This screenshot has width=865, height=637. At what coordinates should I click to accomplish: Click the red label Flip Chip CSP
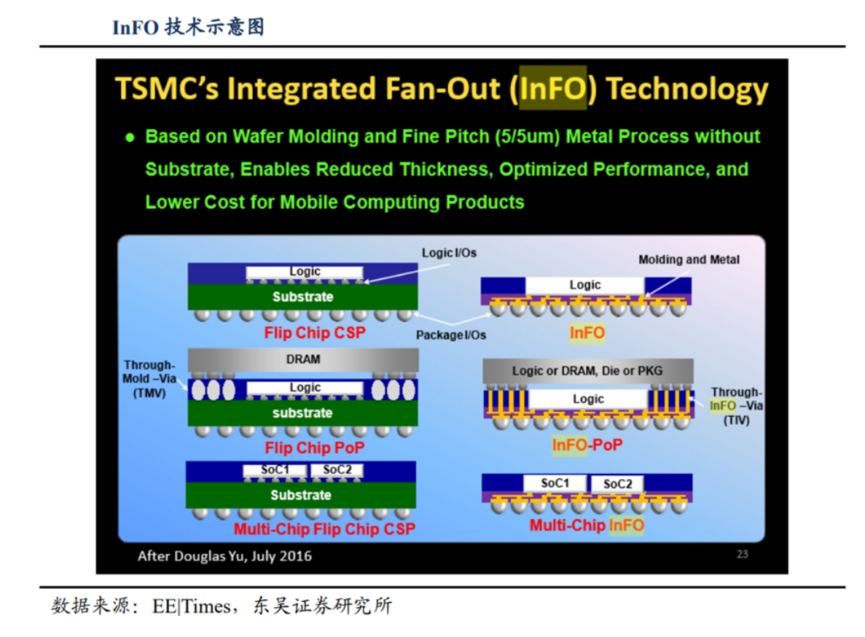(314, 332)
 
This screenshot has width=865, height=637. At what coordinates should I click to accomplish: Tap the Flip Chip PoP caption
(314, 448)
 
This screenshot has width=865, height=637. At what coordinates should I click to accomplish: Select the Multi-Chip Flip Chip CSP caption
(324, 529)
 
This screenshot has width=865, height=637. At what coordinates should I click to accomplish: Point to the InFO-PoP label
(587, 445)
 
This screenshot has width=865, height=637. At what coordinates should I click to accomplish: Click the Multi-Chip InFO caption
(587, 525)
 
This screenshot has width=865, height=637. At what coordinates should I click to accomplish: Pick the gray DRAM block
(303, 359)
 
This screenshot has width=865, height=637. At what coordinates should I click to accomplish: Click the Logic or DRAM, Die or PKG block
(587, 371)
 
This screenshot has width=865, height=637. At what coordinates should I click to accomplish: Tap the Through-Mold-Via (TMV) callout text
(149, 379)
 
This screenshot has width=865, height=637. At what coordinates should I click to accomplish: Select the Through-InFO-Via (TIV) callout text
(737, 406)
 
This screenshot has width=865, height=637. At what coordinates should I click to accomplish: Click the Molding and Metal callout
(689, 259)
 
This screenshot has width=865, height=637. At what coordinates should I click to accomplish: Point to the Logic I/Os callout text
(449, 253)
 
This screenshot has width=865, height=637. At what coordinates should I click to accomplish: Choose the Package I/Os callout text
(450, 335)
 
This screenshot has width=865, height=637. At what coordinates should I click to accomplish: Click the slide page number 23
(742, 554)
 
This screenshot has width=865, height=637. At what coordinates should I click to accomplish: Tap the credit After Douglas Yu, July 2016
(224, 556)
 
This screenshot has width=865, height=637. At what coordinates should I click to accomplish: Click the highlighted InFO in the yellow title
(553, 88)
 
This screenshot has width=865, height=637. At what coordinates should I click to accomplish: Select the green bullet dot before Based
(130, 137)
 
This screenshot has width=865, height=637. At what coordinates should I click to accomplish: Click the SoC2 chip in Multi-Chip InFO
(617, 484)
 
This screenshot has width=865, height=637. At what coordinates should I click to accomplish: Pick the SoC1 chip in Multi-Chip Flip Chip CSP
(275, 470)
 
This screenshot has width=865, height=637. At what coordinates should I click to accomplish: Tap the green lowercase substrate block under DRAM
(302, 413)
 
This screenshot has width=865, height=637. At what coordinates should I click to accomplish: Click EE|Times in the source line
(192, 606)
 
